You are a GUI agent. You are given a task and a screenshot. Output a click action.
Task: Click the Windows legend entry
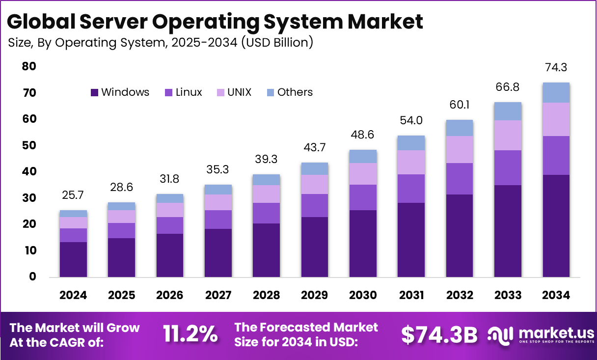point(120,92)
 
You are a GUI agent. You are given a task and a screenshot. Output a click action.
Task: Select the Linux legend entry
point(184,92)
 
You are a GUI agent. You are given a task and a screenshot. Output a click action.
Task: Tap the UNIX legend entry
point(234,92)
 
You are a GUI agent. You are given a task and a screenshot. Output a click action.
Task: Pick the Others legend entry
point(290,92)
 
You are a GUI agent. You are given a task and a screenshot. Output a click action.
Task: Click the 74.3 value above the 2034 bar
point(556,68)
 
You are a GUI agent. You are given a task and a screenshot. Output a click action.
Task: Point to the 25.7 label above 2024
point(73,195)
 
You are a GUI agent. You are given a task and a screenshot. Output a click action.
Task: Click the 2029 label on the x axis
point(315,295)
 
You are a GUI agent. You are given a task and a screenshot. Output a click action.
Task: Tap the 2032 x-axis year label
point(460,295)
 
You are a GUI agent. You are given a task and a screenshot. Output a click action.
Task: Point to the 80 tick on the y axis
point(29,66)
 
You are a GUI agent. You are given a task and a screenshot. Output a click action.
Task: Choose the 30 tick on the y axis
point(29,198)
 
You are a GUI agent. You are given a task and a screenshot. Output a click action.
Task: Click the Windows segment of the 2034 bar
point(556,226)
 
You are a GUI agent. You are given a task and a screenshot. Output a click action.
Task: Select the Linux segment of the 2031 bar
point(411,189)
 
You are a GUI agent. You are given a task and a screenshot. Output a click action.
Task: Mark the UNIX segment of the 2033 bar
point(508,136)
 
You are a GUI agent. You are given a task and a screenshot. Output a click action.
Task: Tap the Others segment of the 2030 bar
point(363,156)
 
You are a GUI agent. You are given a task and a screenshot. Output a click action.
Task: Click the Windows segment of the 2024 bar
point(73,259)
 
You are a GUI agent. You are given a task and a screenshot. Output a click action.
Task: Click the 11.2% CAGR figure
point(190,334)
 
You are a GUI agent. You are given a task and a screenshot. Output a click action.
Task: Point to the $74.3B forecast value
point(439,335)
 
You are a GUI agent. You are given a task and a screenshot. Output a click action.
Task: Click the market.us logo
point(540,335)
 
